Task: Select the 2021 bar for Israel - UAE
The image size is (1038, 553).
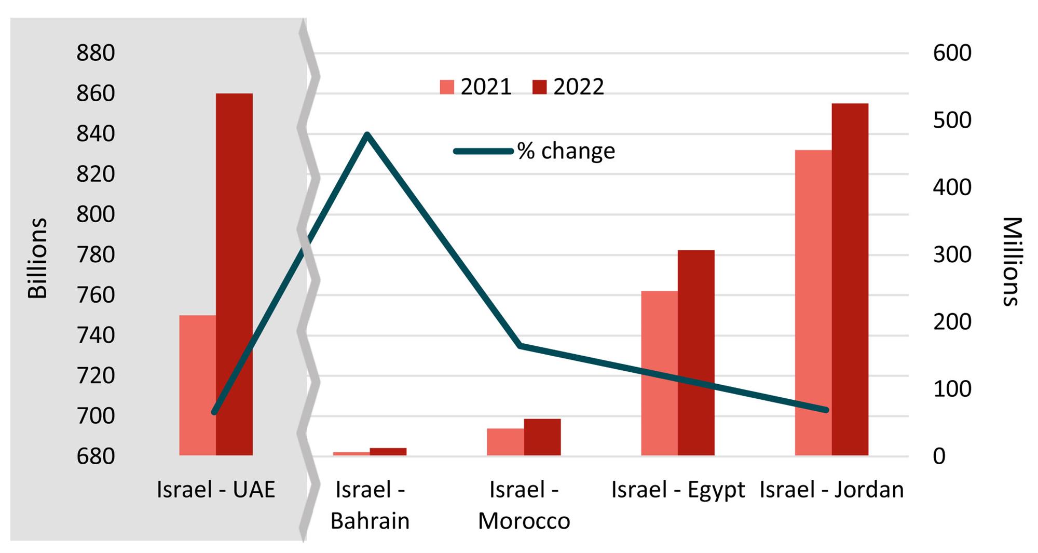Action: [197, 385]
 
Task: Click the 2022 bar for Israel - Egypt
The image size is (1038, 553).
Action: [696, 353]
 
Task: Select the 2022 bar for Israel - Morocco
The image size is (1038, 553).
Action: [542, 437]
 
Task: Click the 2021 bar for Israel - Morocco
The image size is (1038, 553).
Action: [505, 442]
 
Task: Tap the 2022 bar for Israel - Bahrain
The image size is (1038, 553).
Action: [388, 451]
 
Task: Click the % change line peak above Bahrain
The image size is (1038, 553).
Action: [367, 134]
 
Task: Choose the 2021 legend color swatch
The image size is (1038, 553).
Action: [447, 87]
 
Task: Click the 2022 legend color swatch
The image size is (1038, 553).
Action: [540, 87]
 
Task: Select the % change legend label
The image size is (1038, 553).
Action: [566, 151]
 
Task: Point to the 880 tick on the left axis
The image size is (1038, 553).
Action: [95, 53]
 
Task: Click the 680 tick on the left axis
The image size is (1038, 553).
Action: [95, 456]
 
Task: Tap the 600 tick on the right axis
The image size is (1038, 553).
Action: [952, 53]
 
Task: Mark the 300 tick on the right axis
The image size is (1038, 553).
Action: [952, 254]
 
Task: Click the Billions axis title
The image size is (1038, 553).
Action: [37, 258]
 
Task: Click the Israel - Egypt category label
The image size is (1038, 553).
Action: [678, 490]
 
